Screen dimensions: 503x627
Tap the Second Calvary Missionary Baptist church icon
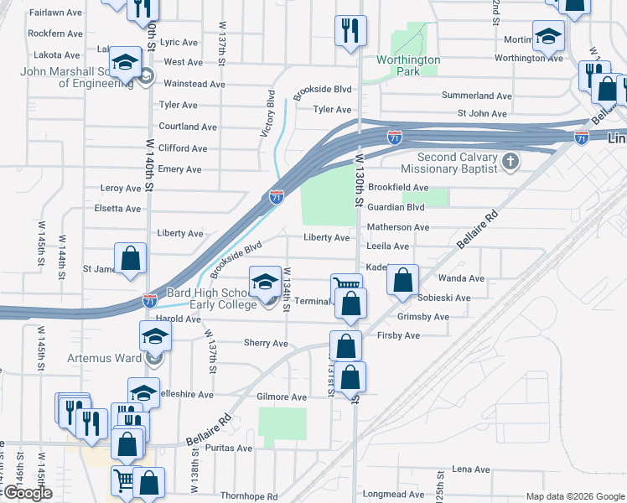tap(509, 160)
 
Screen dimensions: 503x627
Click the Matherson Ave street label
tap(398, 227)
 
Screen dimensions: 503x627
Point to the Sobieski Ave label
tap(445, 298)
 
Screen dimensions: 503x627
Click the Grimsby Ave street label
tap(423, 317)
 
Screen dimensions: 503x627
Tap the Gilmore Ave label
tap(282, 397)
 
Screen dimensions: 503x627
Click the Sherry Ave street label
tap(266, 344)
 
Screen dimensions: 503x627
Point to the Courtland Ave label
tap(188, 127)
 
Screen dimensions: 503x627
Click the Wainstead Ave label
tap(194, 84)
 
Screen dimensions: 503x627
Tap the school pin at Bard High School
tap(265, 280)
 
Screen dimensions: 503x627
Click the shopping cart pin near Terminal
tap(347, 285)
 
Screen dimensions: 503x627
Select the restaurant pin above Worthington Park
tap(348, 31)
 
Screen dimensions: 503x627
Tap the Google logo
tap(27, 493)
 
